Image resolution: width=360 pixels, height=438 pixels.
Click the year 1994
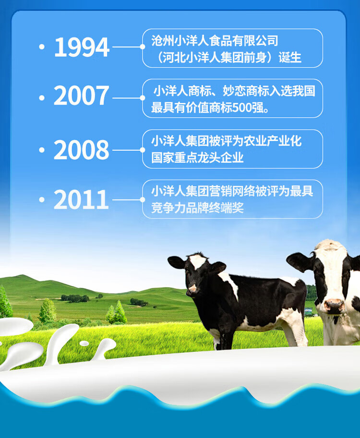coord(82,47)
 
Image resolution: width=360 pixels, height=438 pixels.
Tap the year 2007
coord(81,96)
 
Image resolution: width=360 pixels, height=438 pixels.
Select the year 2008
coord(81,150)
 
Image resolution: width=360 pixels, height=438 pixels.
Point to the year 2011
coord(81,199)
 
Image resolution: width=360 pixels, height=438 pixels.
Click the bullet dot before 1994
coord(42,47)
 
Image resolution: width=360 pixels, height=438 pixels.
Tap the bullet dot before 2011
coord(42,199)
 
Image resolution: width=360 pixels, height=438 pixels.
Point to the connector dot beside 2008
coord(143,150)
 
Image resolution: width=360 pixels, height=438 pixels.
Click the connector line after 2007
coord(127,98)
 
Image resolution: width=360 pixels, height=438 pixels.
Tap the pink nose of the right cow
coord(334,305)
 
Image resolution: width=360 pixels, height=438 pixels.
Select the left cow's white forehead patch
coord(198,261)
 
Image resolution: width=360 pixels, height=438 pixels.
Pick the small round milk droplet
coord(84,343)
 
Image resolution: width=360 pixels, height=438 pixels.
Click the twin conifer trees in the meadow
coord(116,312)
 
